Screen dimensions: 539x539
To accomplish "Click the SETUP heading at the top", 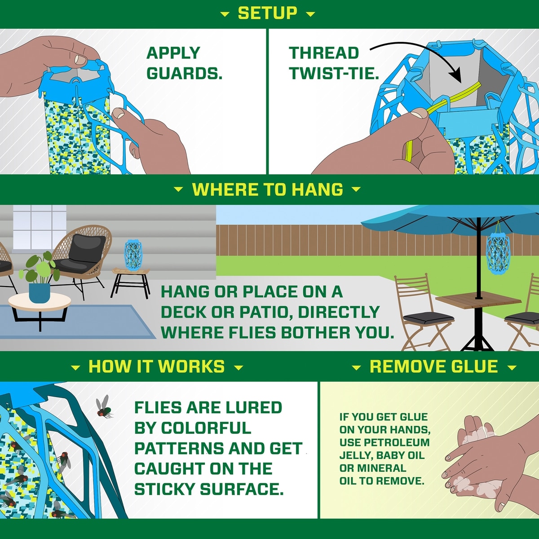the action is click(x=267, y=13).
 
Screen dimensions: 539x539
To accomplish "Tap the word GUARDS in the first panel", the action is click(x=184, y=73).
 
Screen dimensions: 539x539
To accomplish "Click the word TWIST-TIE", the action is click(x=334, y=73).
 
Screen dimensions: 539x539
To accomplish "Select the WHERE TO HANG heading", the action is click(x=267, y=190).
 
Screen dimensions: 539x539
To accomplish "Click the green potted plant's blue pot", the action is click(x=40, y=293).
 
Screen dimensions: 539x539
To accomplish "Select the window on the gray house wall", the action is click(x=40, y=228).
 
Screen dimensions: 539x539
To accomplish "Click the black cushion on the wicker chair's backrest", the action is click(x=87, y=246).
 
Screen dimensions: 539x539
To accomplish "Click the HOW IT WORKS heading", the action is click(x=157, y=367).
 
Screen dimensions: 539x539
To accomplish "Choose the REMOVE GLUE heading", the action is click(x=434, y=367).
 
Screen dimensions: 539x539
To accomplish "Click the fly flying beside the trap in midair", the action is click(x=104, y=407).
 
